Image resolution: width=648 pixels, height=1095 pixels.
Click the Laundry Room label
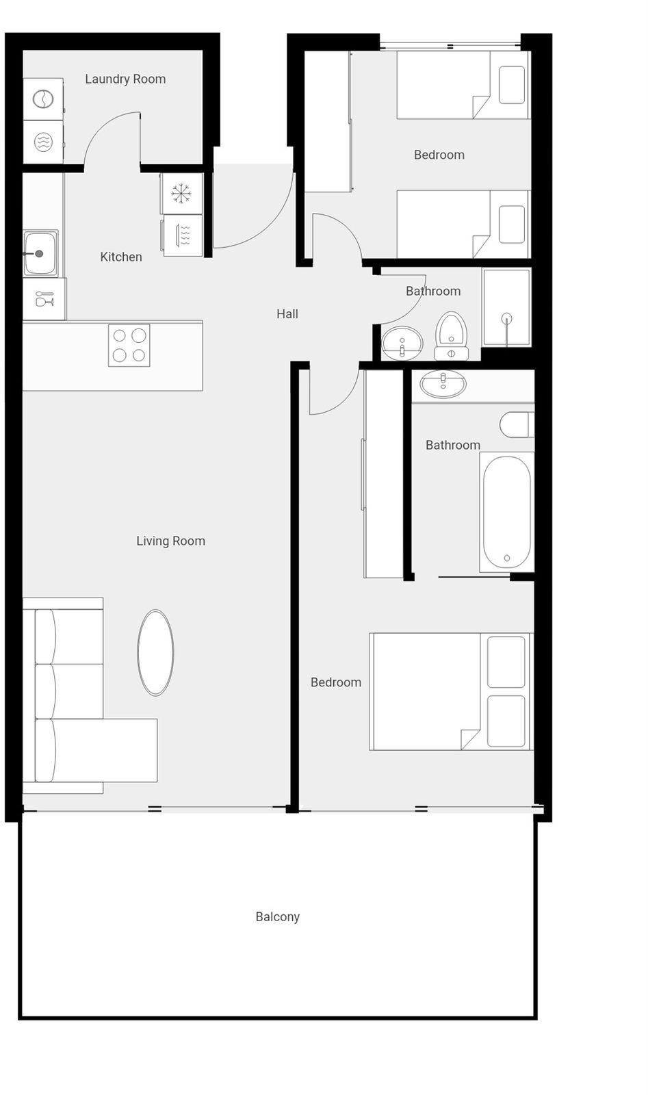click(125, 79)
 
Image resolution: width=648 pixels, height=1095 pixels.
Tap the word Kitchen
click(120, 257)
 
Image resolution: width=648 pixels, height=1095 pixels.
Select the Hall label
click(287, 314)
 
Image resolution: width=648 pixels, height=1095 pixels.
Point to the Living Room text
click(170, 541)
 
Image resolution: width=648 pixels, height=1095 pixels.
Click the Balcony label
click(277, 916)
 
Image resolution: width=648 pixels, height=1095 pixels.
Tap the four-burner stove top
click(129, 345)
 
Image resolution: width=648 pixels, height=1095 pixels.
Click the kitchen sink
click(40, 254)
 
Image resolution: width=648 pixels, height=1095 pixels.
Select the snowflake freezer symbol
click(181, 193)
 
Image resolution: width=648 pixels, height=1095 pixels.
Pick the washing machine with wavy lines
click(43, 142)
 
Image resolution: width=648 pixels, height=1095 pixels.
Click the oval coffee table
click(155, 652)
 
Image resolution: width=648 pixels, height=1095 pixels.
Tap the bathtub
click(507, 512)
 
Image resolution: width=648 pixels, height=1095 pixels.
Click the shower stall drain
click(507, 318)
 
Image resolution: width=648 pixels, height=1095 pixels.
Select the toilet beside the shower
click(451, 336)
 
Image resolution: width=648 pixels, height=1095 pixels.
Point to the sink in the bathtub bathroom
click(443, 384)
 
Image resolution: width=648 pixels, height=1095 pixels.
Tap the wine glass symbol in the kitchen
click(44, 298)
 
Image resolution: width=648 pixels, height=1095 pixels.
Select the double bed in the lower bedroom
click(450, 692)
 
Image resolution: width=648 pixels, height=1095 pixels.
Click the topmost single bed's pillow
click(512, 85)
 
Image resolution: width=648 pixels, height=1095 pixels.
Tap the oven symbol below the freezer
click(182, 235)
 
